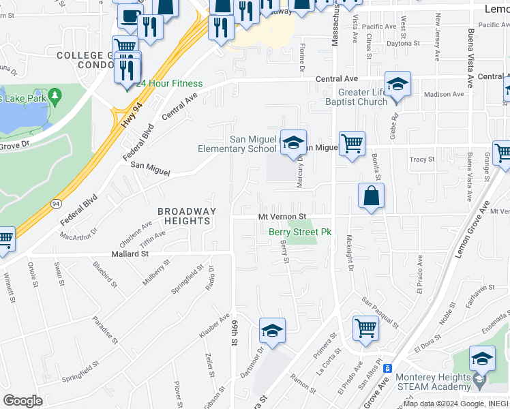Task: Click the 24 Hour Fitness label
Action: (169, 84)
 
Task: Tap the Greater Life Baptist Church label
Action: (363, 97)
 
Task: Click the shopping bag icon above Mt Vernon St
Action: (371, 196)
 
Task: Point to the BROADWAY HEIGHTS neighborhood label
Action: (187, 216)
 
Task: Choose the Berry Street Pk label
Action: (299, 232)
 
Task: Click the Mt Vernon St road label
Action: (285, 217)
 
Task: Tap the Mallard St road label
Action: (126, 254)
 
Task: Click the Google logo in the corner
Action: (22, 400)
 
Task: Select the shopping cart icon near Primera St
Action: (365, 328)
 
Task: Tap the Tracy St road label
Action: (421, 160)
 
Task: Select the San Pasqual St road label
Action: (379, 310)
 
